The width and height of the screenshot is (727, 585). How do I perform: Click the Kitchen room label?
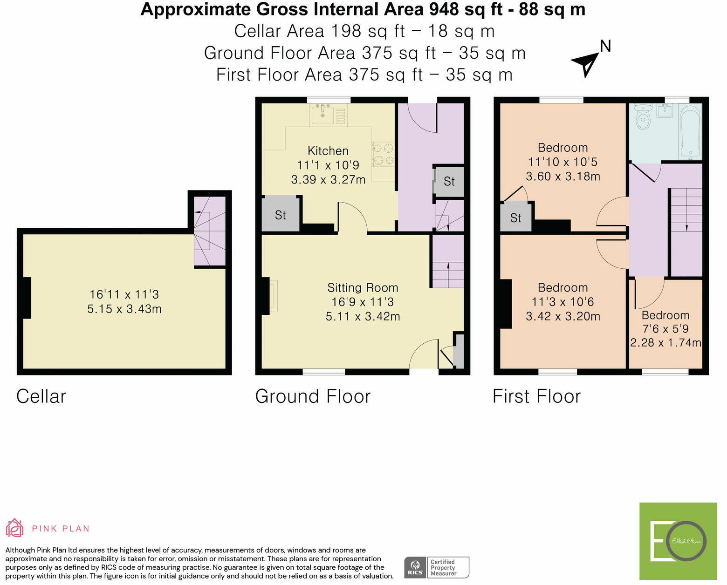pos(328,150)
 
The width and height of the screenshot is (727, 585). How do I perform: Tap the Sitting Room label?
pos(363,287)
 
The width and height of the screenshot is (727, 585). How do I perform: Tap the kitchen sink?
pos(323,115)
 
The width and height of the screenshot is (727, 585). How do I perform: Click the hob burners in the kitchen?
pos(383,154)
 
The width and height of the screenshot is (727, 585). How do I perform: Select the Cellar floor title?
pos(41,396)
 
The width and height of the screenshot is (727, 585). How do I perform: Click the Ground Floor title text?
pos(313,396)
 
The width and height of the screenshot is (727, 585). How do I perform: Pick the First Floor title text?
pos(536,396)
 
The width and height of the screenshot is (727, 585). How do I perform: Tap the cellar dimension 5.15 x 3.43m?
pos(124,309)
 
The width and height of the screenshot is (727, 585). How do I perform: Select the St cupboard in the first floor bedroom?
pos(515,218)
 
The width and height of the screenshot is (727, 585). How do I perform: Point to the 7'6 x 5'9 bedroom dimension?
pos(665,328)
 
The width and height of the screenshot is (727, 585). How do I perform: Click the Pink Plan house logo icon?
pos(14,528)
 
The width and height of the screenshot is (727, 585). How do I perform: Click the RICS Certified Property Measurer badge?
pos(437,567)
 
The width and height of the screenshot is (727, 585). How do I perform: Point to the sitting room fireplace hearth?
pos(273,296)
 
